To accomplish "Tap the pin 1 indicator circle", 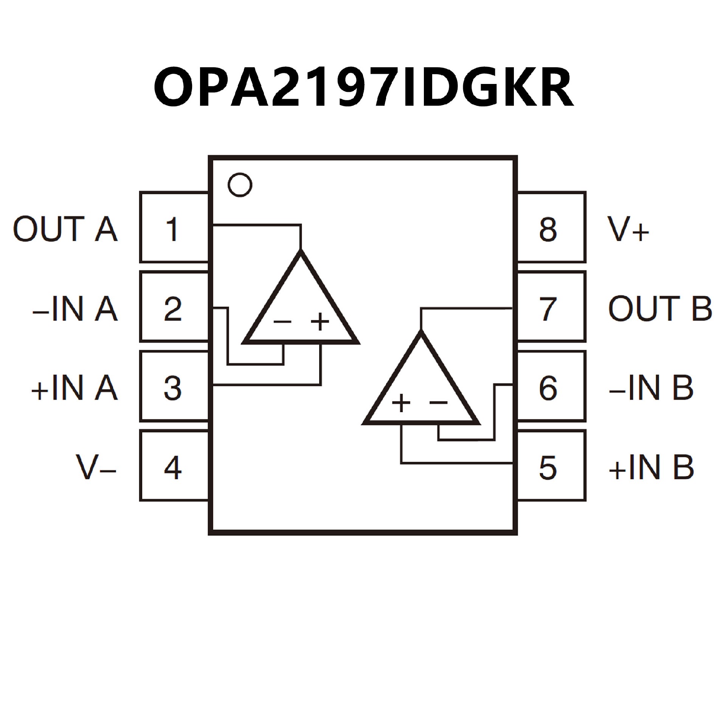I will [x=240, y=185].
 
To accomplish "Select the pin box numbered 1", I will [x=174, y=228].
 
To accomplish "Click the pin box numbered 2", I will [x=174, y=307].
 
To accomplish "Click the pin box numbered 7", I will [x=551, y=307].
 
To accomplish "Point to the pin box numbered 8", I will [x=551, y=228].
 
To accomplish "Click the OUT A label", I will [x=65, y=229].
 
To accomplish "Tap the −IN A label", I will [x=75, y=309].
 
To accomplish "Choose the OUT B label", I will [x=660, y=309].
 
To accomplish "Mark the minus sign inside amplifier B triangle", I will [x=439, y=402].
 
